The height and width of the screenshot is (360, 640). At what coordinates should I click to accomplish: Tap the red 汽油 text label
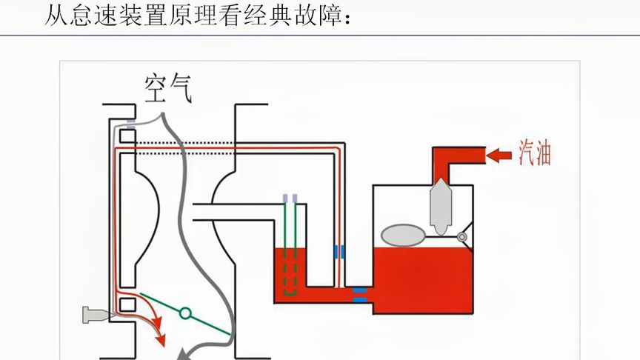[x=534, y=154]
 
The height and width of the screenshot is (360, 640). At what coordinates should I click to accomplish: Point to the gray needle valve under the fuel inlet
[x=441, y=204]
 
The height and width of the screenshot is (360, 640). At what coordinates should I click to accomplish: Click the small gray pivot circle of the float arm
[x=463, y=238]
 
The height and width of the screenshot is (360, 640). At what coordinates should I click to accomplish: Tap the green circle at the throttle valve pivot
[x=185, y=313]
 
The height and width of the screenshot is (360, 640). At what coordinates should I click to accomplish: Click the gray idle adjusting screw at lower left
[x=96, y=315]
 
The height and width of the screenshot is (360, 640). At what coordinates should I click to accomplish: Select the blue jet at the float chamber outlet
[x=359, y=294]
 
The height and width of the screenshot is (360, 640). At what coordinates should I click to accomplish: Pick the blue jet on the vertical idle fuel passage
[x=339, y=251]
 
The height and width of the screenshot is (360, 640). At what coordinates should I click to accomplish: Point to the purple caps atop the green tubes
[x=290, y=199]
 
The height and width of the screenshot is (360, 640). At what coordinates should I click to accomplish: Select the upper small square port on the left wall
[x=127, y=137]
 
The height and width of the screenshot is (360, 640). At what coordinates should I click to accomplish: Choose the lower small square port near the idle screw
[x=127, y=304]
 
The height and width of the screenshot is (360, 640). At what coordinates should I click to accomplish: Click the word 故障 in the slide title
[x=307, y=16]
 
